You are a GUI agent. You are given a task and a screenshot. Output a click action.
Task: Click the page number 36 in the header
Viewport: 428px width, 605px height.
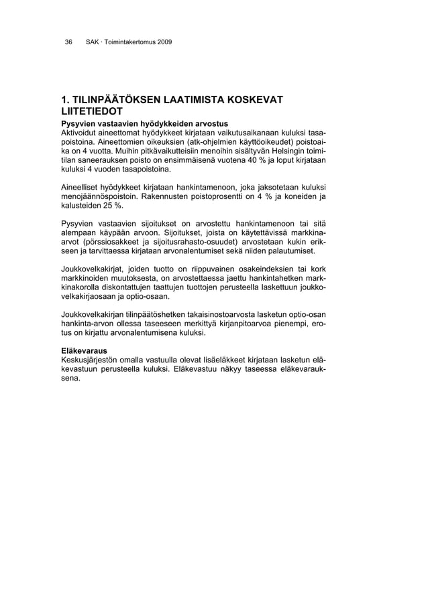pyautogui.click(x=68, y=43)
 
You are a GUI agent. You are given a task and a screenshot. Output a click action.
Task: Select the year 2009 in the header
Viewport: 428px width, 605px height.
pyautogui.click(x=164, y=43)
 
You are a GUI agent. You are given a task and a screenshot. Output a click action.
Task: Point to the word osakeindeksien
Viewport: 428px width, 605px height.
pyautogui.click(x=253, y=269)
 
